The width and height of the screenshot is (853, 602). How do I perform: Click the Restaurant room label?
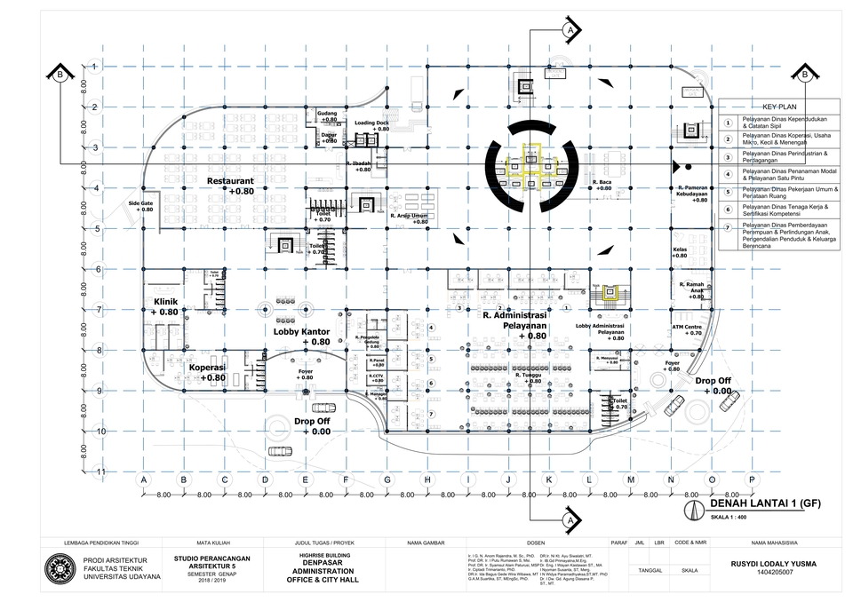pos(228,180)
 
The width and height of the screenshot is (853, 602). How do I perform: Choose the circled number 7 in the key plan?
pos(727,227)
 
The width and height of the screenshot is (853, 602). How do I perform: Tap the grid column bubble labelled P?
pos(752,479)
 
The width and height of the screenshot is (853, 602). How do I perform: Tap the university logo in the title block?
pos(60,569)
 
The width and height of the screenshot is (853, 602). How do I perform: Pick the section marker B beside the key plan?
pos(804,75)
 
